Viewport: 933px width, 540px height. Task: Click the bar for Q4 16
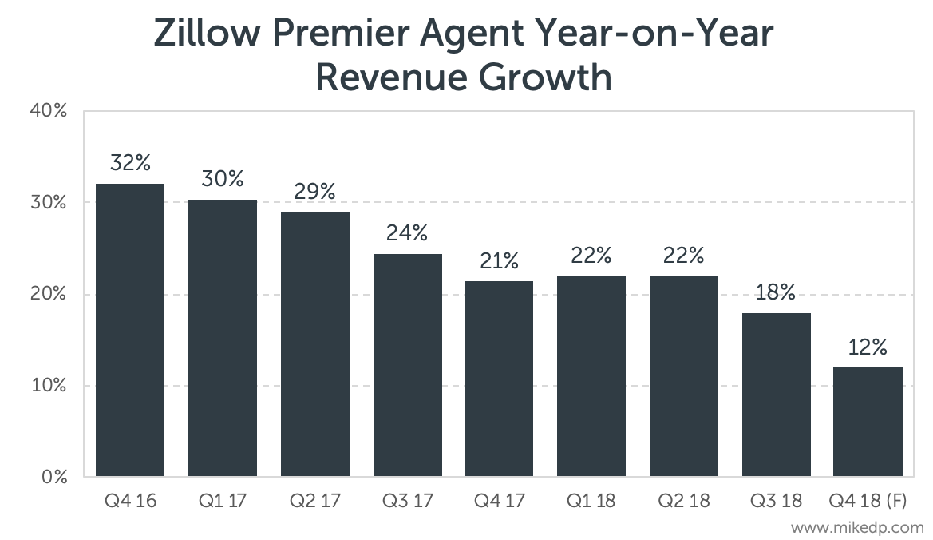130,331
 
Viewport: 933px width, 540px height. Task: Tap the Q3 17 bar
407,365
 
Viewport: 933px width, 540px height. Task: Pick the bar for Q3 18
776,395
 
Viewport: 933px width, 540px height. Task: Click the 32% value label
130,163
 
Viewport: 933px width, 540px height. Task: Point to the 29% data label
314,192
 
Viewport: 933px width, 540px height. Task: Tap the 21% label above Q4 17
499,260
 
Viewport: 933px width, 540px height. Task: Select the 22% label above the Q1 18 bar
591,256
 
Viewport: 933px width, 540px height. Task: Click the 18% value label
776,292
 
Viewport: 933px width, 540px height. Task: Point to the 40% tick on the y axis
49,111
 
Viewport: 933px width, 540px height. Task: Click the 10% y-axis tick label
49,386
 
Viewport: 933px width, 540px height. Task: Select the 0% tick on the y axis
53,478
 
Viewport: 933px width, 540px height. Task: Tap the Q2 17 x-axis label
314,502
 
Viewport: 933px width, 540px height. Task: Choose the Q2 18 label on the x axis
683,502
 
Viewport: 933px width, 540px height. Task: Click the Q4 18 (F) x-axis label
868,502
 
